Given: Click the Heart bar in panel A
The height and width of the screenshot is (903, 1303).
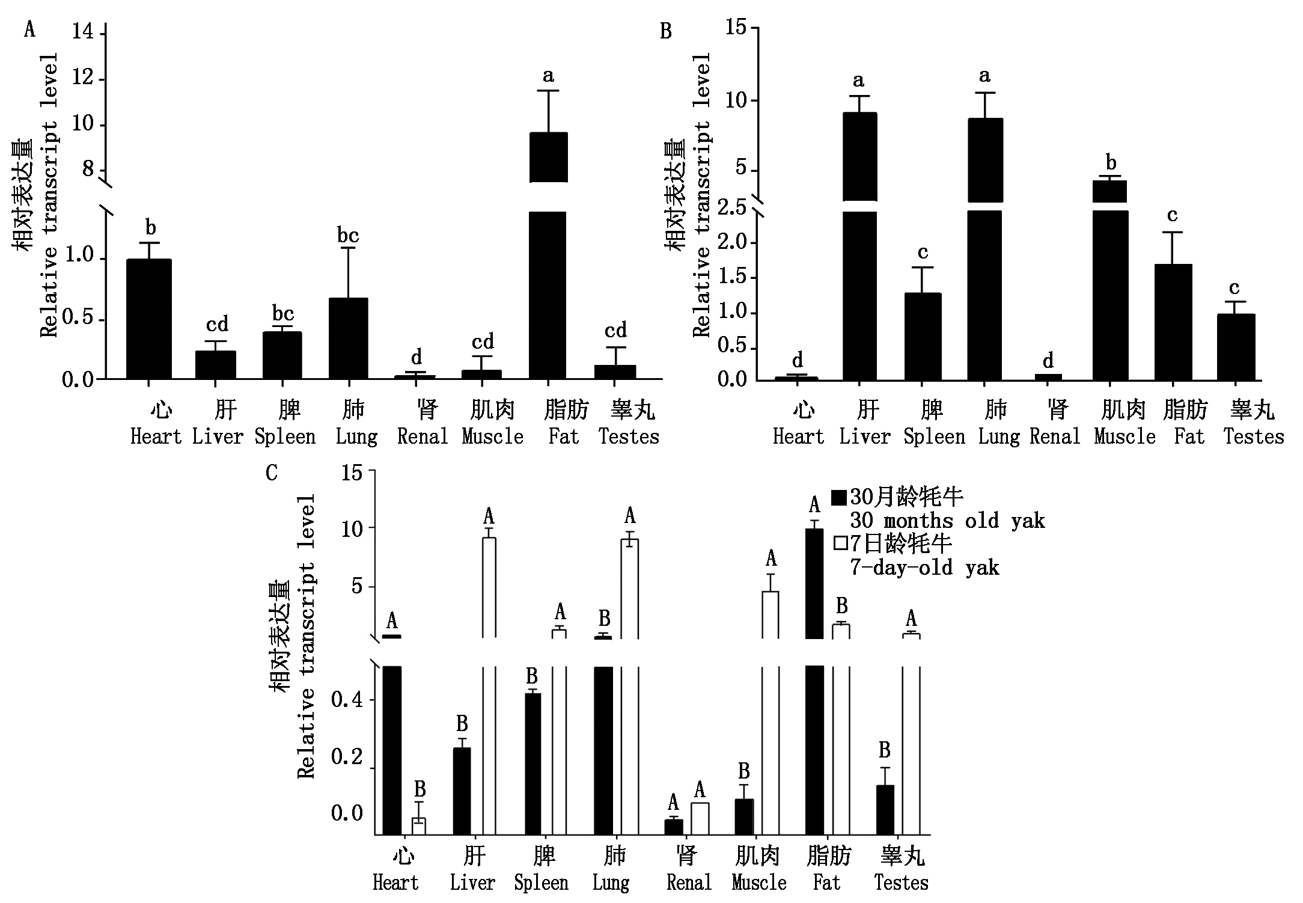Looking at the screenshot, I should [x=148, y=319].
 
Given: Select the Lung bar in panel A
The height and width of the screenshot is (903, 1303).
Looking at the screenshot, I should [x=348, y=338].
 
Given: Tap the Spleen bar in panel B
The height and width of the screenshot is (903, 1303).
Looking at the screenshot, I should [x=923, y=336].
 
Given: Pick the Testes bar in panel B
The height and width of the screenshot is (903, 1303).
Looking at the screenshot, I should [x=1236, y=347].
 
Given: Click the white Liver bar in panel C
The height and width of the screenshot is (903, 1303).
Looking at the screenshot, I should [x=489, y=685].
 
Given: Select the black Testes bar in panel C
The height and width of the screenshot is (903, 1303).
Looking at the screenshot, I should [x=885, y=809].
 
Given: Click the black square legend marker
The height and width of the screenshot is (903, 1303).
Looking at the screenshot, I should [x=839, y=497].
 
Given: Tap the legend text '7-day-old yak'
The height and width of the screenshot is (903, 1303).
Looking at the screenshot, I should [x=924, y=568].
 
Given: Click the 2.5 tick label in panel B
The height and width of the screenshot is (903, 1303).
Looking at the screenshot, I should [x=731, y=208].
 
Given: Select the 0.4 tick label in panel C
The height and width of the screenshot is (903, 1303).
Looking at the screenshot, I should [x=347, y=700].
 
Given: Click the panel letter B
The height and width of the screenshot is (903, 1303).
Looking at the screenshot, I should [x=665, y=31].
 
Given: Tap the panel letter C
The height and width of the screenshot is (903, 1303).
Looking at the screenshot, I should [x=272, y=473].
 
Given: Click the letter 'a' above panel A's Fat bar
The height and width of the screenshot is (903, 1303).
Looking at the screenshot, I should [x=548, y=76].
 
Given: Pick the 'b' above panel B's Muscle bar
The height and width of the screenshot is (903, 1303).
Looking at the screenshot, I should [x=1111, y=162].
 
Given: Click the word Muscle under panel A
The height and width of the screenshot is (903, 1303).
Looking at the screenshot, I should [x=492, y=436].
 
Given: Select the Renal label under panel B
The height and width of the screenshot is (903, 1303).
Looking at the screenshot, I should [x=1055, y=436].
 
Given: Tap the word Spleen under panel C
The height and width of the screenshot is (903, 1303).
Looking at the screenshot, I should [x=541, y=883].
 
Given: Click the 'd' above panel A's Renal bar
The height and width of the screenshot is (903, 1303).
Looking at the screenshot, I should [x=417, y=358].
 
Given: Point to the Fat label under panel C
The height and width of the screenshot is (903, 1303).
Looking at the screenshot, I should [x=827, y=883].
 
